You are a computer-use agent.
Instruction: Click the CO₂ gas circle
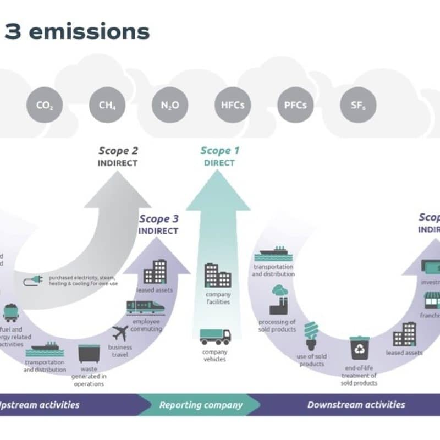click(43, 105)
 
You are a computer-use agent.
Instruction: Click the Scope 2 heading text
click(118, 151)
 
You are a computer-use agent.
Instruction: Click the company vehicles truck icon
click(215, 336)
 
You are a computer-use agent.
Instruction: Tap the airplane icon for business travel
click(119, 333)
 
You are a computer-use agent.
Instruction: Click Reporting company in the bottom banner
click(201, 405)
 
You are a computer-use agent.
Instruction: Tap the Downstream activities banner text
click(356, 405)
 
